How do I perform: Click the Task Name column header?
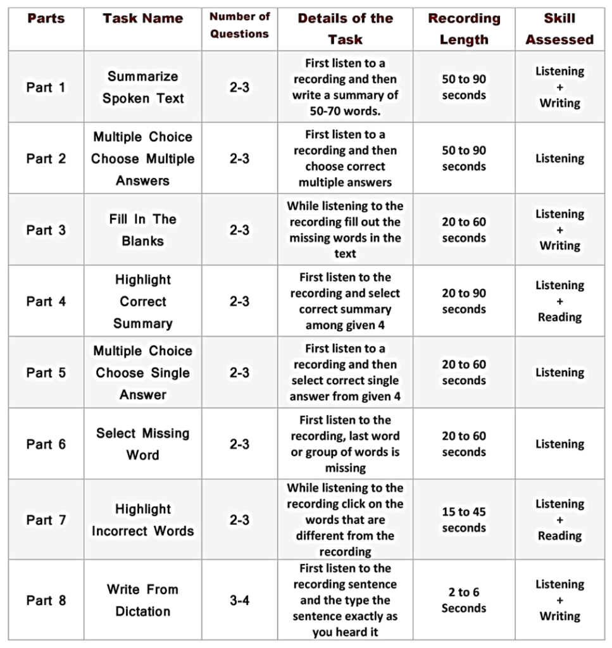pos(142,19)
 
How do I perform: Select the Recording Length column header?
pos(464,29)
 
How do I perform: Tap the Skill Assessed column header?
pos(559,29)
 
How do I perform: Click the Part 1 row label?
pos(46,87)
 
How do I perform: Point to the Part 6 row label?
pos(46,444)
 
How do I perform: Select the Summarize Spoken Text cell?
pos(143,87)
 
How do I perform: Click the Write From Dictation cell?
pos(142,600)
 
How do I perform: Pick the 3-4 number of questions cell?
pos(239,600)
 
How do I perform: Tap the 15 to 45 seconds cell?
pos(464,520)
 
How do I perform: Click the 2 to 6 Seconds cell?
pos(464,600)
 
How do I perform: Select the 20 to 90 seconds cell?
pos(464,301)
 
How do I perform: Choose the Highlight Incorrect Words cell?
pos(142,520)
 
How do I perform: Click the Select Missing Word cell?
pos(142,444)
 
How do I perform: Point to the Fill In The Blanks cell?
pos(142,230)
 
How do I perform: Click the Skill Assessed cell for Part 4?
pos(559,301)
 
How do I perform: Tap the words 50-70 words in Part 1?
pos(346,111)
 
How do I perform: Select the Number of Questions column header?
pos(239,25)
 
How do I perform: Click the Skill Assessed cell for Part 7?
pos(559,520)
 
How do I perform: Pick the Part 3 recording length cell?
pos(464,230)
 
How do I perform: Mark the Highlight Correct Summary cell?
pos(142,301)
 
